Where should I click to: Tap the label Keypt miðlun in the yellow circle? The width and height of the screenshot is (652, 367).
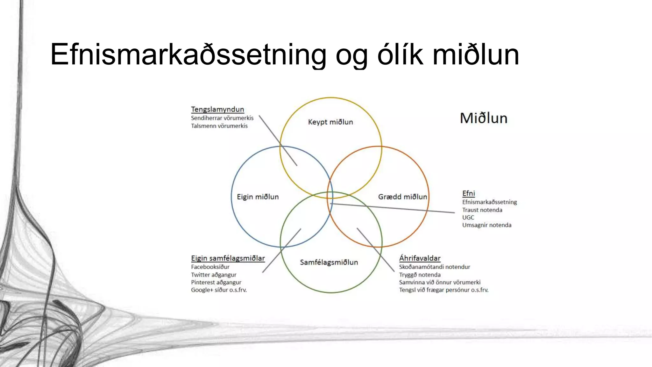click(x=330, y=122)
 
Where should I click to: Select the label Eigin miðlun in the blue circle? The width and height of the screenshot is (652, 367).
click(x=258, y=197)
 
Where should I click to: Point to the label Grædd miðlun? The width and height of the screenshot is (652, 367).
click(x=402, y=197)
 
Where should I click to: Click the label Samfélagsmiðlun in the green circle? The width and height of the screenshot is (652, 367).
click(x=329, y=262)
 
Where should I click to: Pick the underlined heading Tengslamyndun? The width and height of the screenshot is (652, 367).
click(x=217, y=109)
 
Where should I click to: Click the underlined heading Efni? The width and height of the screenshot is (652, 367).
click(x=468, y=193)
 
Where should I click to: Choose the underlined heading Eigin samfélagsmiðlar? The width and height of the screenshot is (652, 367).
click(x=228, y=258)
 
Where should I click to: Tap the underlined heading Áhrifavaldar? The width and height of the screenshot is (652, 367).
click(x=420, y=258)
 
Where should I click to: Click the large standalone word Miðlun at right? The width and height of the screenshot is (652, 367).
click(x=484, y=118)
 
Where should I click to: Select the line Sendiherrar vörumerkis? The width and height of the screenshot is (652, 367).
click(x=222, y=118)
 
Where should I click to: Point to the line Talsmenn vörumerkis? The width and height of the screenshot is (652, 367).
click(x=219, y=126)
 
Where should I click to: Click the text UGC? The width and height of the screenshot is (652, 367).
click(x=468, y=218)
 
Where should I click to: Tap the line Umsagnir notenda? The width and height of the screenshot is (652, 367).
click(x=486, y=225)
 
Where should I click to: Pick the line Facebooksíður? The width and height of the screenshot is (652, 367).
click(x=210, y=267)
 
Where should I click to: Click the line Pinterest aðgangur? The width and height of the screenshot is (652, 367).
click(x=216, y=282)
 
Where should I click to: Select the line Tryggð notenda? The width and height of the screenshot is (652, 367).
click(x=420, y=275)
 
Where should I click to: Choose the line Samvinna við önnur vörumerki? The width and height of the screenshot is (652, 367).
click(x=440, y=282)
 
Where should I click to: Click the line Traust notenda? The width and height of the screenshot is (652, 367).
click(x=482, y=210)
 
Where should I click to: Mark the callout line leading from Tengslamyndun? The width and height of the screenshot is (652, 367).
click(x=278, y=140)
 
